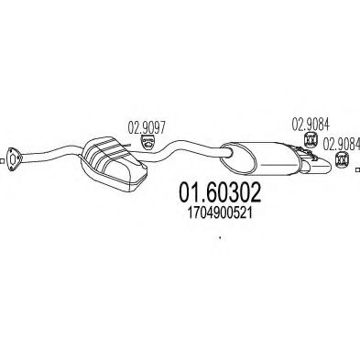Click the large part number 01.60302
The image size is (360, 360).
click(x=220, y=192)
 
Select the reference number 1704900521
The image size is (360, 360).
click(x=220, y=213)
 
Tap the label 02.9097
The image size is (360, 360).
click(x=147, y=127)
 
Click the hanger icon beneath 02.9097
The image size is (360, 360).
click(x=147, y=143)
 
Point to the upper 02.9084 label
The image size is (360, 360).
click(x=311, y=125)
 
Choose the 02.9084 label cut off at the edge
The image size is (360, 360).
click(x=342, y=145)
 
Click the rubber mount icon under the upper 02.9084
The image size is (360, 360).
click(x=311, y=139)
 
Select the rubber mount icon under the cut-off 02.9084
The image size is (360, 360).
click(x=342, y=160)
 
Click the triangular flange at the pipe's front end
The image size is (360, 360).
click(x=14, y=160)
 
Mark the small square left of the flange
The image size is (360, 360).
click(x=1, y=160)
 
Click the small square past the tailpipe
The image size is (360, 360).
click(x=358, y=169)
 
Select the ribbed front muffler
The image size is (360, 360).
click(x=113, y=163)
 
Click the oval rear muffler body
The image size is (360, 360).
click(x=263, y=158)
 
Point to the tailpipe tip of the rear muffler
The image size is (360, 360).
click(x=319, y=167)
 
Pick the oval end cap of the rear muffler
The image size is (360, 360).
click(x=239, y=158)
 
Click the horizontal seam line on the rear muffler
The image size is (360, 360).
click(x=279, y=165)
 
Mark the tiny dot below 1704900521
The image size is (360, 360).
click(x=220, y=237)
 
